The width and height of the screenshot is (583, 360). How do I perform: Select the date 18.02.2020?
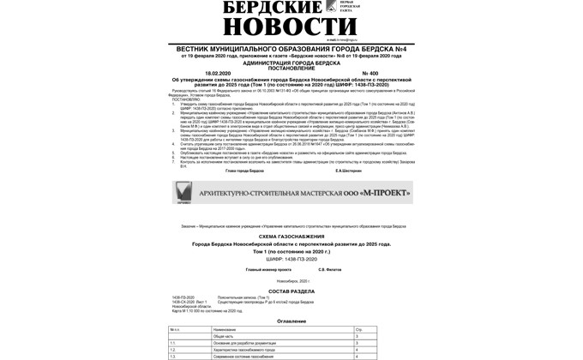point(200,71)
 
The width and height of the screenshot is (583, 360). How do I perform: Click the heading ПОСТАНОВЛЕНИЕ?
point(291,65)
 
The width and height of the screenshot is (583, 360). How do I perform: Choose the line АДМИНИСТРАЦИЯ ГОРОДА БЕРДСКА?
point(291,60)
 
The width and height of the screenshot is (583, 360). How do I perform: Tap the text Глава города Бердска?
point(244,170)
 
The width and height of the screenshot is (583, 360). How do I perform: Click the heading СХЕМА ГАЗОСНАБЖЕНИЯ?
point(291,236)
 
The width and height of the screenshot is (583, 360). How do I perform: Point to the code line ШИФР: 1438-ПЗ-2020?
point(291,257)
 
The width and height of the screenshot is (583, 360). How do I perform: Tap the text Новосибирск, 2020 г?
point(291,280)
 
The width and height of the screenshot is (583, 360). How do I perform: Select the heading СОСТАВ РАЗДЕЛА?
point(291,291)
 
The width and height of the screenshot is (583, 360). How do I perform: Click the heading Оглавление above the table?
point(291,321)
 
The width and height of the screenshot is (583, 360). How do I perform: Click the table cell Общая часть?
point(225,336)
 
